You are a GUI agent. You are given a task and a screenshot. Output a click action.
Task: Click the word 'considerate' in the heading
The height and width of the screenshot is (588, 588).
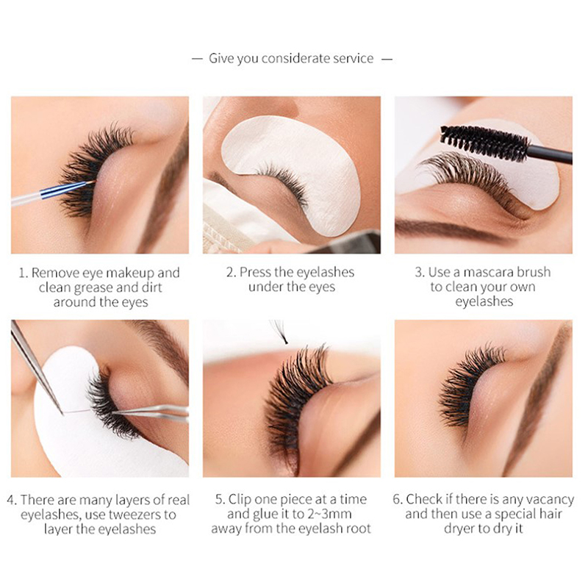point(295,59)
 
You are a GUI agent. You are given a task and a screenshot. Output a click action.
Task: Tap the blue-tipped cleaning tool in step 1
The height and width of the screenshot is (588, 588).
point(52,193)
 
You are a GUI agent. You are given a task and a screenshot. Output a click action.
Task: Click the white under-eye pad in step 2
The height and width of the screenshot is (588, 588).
point(291,173)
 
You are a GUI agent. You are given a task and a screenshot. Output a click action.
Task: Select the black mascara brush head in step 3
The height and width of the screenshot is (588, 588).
point(484,143)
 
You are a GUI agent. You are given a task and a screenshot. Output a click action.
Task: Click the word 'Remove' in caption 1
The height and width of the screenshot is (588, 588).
point(55,273)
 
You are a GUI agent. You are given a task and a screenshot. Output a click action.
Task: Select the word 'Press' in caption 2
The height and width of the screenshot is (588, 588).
point(256,272)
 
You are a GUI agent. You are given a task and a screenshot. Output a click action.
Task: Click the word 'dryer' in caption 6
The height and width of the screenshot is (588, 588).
point(458,529)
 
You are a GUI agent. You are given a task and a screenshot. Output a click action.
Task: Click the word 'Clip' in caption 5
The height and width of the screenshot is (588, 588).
point(240,500)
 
